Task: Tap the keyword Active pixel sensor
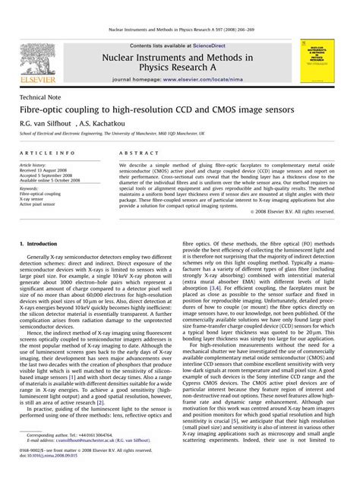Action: [x=39, y=205]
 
